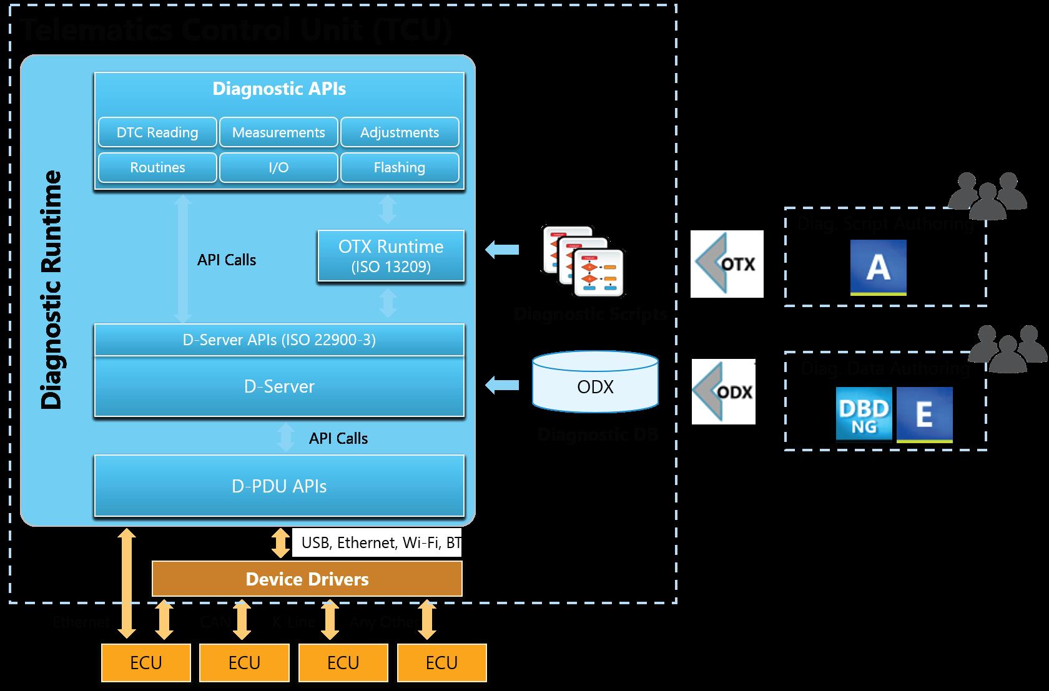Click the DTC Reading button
pyautogui.click(x=157, y=132)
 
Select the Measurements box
pyautogui.click(x=278, y=132)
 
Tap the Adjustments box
pyautogui.click(x=400, y=132)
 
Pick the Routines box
pyautogui.click(x=157, y=167)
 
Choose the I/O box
pyautogui.click(x=278, y=167)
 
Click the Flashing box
pyautogui.click(x=400, y=167)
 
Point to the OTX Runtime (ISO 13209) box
pyautogui.click(x=391, y=256)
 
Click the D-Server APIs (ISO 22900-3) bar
pyautogui.click(x=279, y=340)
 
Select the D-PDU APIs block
pyautogui.click(x=279, y=486)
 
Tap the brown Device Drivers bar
pyautogui.click(x=307, y=579)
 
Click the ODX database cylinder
pyautogui.click(x=595, y=382)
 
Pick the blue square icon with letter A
pyautogui.click(x=878, y=267)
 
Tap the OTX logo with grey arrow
pyautogui.click(x=727, y=264)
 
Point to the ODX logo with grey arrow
pyautogui.click(x=724, y=392)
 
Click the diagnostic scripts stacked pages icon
pyautogui.click(x=583, y=262)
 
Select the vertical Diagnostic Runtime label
pyautogui.click(x=52, y=290)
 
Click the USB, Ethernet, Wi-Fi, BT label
pyautogui.click(x=380, y=542)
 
